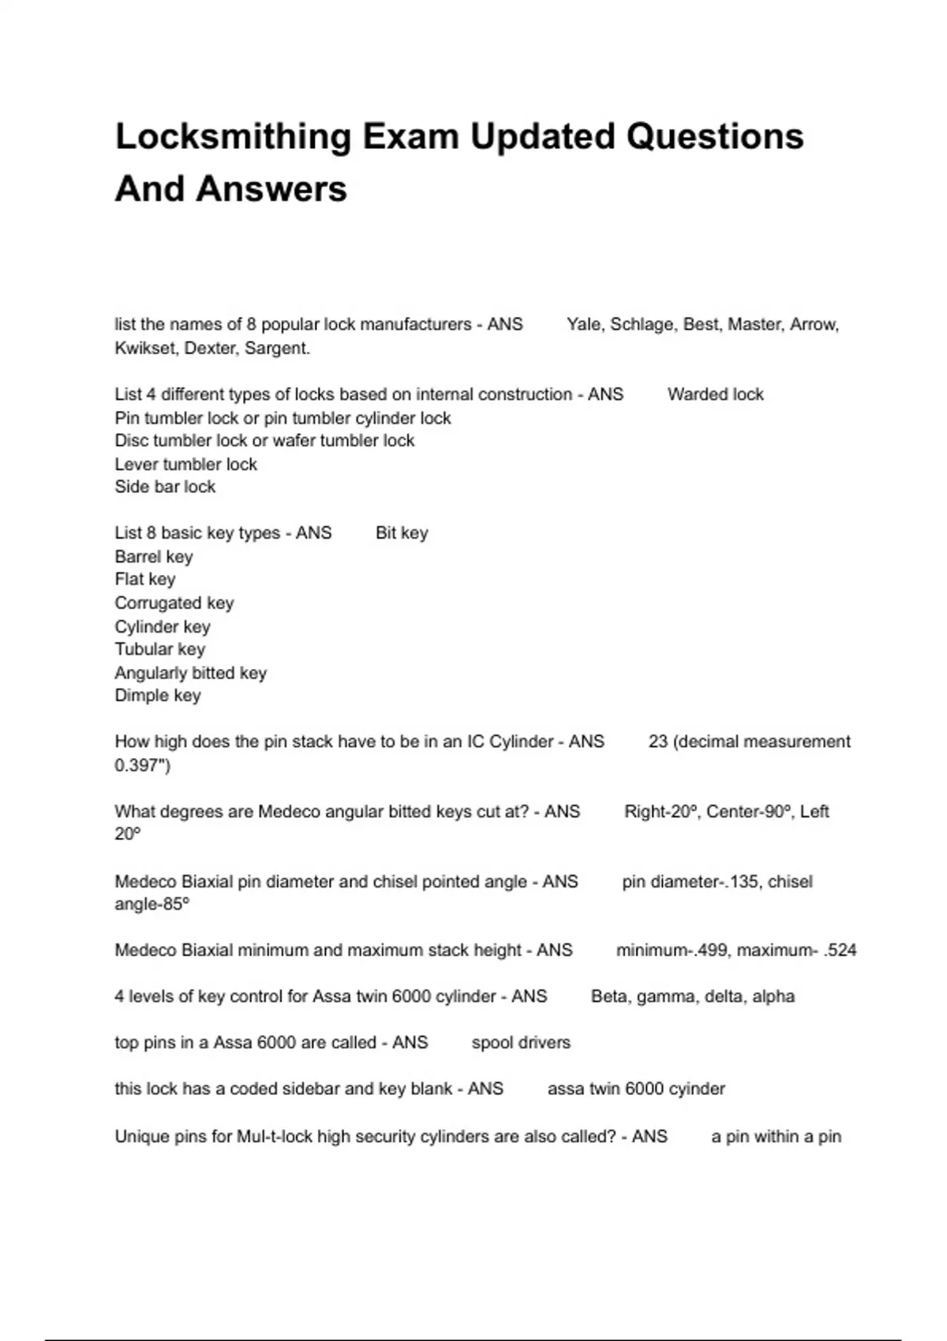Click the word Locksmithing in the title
[x=234, y=137]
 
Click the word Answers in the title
[x=271, y=189]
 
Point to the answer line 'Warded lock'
[x=715, y=394]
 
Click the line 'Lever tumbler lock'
[x=185, y=464]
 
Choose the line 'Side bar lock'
[x=165, y=487]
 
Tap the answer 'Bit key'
[x=402, y=533]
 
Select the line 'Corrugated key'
[x=174, y=603]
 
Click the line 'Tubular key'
[x=159, y=649]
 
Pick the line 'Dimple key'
[x=158, y=696]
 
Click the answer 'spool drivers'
[x=521, y=1043]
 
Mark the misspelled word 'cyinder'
[x=696, y=1089]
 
